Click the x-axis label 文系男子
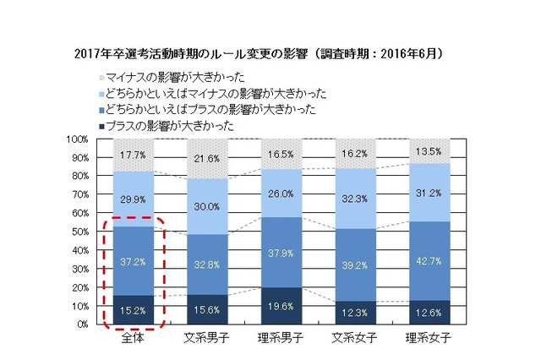[208, 341]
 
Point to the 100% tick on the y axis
[74, 139]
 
